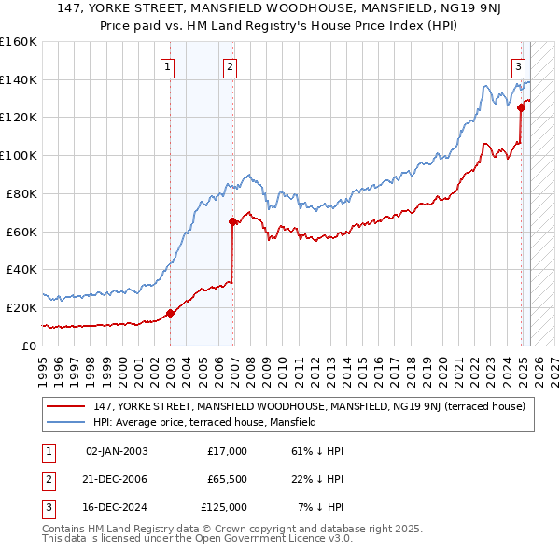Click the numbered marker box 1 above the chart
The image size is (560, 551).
click(x=167, y=66)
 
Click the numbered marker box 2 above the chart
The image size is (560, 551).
click(x=230, y=66)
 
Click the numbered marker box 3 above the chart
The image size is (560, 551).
click(x=518, y=66)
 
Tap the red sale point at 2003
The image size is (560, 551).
click(x=170, y=313)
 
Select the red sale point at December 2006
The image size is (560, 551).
click(x=232, y=221)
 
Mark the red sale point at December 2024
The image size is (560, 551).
click(x=521, y=107)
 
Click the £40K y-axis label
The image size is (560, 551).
click(x=21, y=269)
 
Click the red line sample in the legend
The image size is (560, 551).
click(x=66, y=406)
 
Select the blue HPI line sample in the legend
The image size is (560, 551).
click(x=66, y=422)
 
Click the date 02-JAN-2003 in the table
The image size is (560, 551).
click(x=117, y=451)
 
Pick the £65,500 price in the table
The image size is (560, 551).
click(x=227, y=479)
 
